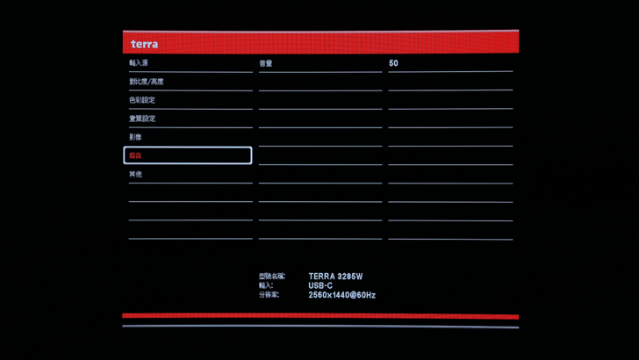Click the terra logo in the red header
pos(145,44)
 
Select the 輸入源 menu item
pos(139,63)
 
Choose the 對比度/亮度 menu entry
pos(146,82)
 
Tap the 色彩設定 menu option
pos(142,100)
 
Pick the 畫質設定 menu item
pos(142,119)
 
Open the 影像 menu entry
pos(135,137)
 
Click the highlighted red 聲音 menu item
pos(135,155)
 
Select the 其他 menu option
pos(135,174)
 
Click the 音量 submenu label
pos(266,63)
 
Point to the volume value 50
pos(393,63)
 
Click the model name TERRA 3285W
pos(335,277)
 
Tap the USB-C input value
pos(320,286)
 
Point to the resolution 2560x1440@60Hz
pos(341,296)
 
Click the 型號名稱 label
pos(271,277)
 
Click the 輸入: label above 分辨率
pos(266,286)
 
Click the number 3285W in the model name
pos(350,277)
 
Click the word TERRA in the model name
pos(321,277)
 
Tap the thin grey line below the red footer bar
pos(320,327)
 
